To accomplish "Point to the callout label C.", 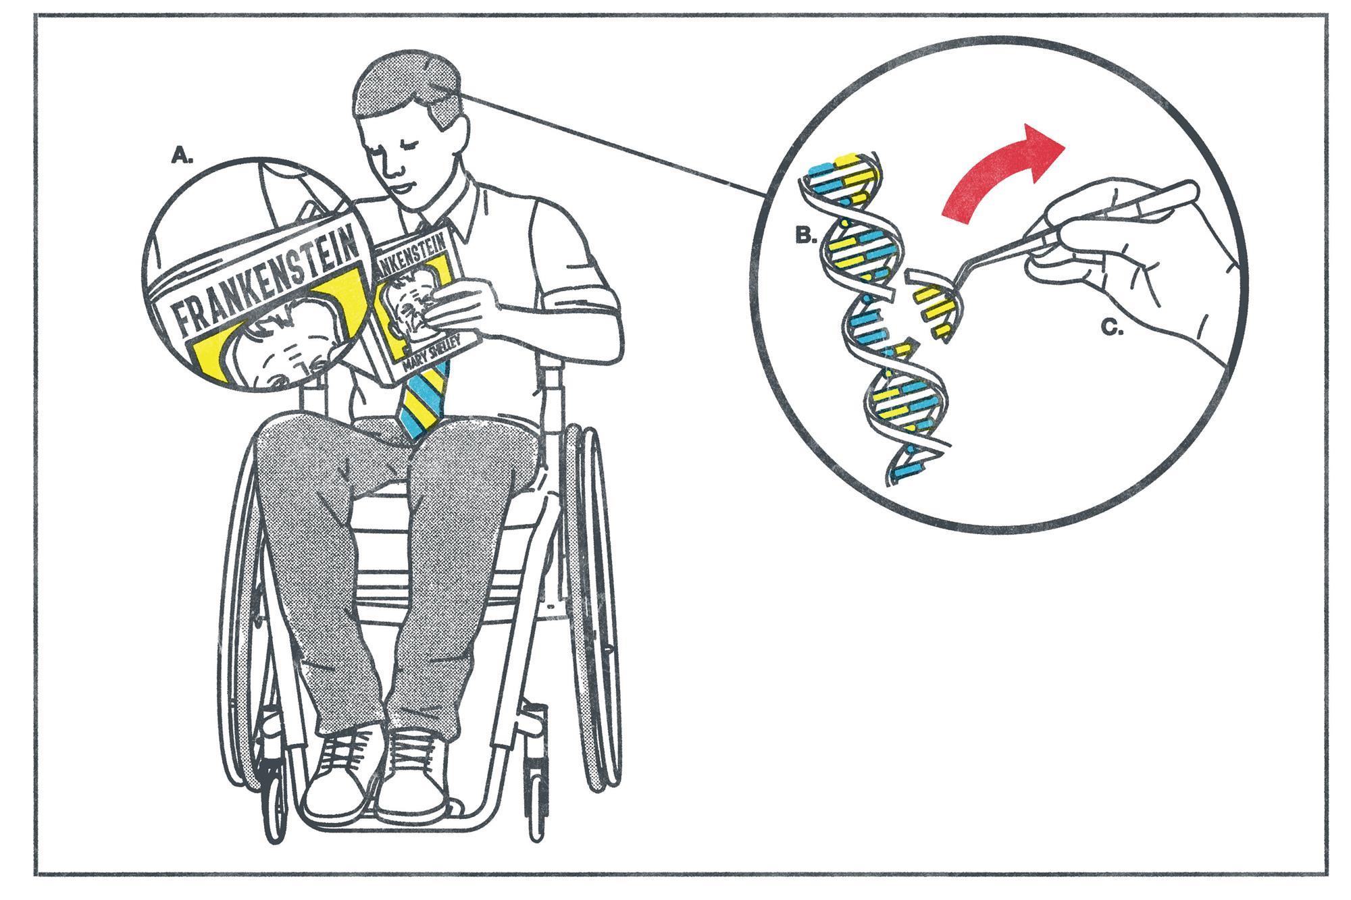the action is [1112, 328].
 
